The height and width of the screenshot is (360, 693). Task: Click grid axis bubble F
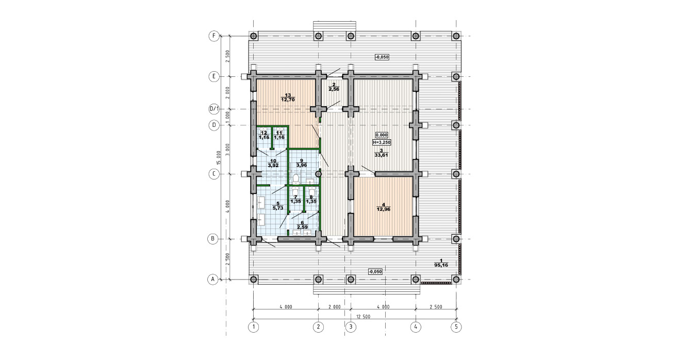(x=214, y=36)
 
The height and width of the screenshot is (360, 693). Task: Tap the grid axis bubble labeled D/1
(x=214, y=109)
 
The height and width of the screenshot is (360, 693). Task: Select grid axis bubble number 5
(x=456, y=327)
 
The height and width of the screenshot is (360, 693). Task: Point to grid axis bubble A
(x=212, y=280)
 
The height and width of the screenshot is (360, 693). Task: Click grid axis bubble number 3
(x=351, y=327)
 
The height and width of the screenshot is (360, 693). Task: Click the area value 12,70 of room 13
(x=288, y=100)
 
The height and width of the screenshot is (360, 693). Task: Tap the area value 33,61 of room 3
(x=381, y=155)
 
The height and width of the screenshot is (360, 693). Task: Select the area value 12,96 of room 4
(x=383, y=209)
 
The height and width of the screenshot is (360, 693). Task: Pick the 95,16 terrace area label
(x=441, y=265)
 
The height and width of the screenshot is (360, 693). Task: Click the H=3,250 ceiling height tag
(x=382, y=142)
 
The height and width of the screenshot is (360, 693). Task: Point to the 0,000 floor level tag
(x=382, y=135)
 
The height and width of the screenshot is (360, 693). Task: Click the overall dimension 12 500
(x=363, y=317)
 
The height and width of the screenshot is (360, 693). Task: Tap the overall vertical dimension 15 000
(x=219, y=157)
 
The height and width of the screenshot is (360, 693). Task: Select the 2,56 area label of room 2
(x=334, y=89)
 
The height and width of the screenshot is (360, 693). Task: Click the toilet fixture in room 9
(x=296, y=178)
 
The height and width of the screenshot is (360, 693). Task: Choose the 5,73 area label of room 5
(x=278, y=208)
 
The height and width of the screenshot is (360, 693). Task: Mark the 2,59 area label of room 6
(x=302, y=227)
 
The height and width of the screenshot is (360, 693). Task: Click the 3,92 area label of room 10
(x=273, y=166)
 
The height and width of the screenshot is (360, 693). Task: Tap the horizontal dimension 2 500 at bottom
(x=436, y=307)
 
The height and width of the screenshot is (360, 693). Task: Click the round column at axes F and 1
(x=254, y=36)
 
